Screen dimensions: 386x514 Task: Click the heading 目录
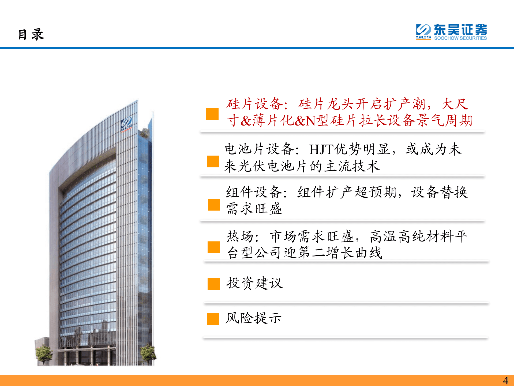[31, 35]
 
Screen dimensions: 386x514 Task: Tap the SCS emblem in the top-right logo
[423, 32]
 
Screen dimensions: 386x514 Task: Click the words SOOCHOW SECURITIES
[460, 38]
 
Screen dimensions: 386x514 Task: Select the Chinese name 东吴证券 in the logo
[460, 30]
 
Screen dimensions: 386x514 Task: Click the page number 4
[505, 380]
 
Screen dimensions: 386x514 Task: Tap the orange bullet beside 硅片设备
[212, 114]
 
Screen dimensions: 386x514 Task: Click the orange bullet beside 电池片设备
[213, 161]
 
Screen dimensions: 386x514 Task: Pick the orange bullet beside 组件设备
[214, 205]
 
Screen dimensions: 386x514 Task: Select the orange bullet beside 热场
[213, 247]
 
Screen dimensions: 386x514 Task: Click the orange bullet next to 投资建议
[213, 284]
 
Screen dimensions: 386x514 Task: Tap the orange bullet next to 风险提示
[213, 319]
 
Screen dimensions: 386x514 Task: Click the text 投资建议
[254, 283]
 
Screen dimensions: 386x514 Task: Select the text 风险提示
[253, 318]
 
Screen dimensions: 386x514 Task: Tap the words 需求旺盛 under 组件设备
[254, 209]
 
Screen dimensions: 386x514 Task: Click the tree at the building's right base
[148, 352]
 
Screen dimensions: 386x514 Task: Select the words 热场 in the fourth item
[240, 237]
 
